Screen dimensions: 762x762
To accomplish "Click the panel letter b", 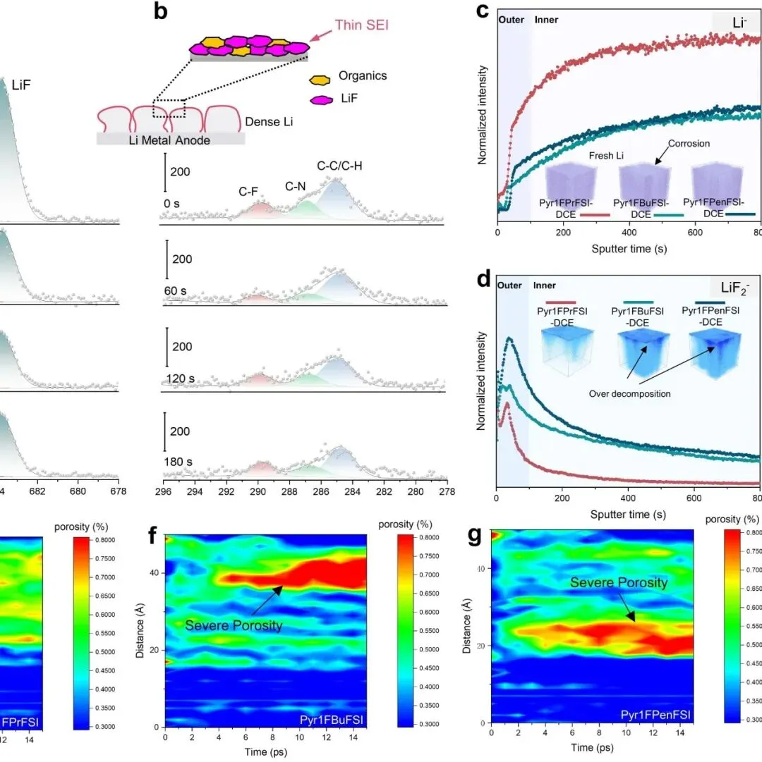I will point(160,13).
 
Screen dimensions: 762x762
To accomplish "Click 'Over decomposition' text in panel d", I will point(630,393).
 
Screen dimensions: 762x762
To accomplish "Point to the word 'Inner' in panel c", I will point(547,20).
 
